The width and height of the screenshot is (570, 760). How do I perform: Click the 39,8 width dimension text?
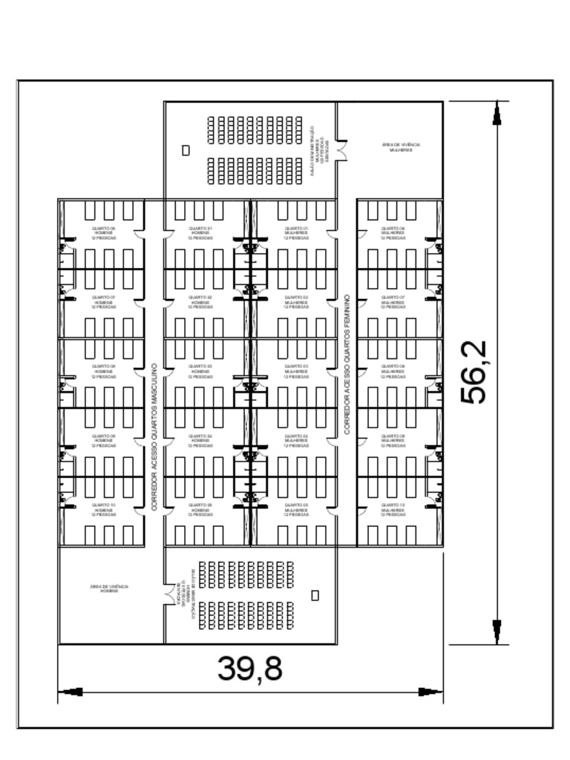point(250,669)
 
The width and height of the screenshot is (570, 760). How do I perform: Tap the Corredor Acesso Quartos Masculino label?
point(154,436)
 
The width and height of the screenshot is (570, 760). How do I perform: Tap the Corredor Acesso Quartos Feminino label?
point(347,364)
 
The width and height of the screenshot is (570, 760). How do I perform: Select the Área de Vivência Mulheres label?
point(401,147)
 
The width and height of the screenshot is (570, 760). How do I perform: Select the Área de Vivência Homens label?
point(108,589)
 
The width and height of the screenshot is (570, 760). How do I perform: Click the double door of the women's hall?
point(341,149)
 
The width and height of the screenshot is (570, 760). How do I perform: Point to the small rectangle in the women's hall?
point(186,150)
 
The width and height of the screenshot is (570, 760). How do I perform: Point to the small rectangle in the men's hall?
point(315,595)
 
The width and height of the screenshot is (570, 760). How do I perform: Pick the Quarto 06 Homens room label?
point(103,232)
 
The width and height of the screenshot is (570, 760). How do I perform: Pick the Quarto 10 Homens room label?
point(103,509)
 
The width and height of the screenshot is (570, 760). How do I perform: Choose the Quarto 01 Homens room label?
point(200,232)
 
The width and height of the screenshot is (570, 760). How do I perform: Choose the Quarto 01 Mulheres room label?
point(296,232)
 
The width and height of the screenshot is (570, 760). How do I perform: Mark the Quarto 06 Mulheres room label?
point(393,232)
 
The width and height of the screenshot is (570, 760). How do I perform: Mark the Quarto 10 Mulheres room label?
point(393,509)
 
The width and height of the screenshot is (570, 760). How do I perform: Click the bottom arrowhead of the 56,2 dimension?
point(496,633)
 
